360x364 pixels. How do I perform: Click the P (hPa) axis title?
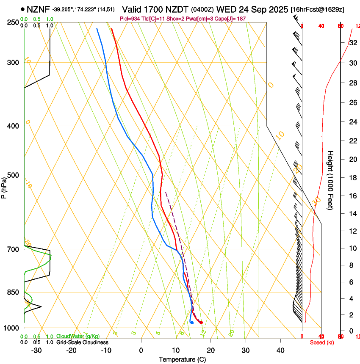click(x=4, y=186)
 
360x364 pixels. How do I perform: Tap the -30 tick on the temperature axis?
click(x=36, y=350)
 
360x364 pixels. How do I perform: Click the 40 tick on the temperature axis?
click(x=280, y=350)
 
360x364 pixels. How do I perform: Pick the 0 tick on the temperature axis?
click(x=141, y=350)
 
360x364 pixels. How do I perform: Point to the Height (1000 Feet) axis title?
click(x=331, y=180)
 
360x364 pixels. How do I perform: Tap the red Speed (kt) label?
click(x=321, y=342)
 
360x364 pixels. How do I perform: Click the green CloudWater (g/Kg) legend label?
click(x=78, y=336)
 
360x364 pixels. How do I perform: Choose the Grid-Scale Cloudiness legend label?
click(x=81, y=342)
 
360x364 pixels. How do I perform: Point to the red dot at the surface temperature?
click(x=201, y=323)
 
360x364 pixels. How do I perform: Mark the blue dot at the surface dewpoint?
click(x=192, y=323)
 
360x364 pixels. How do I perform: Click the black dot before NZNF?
click(x=22, y=9)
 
